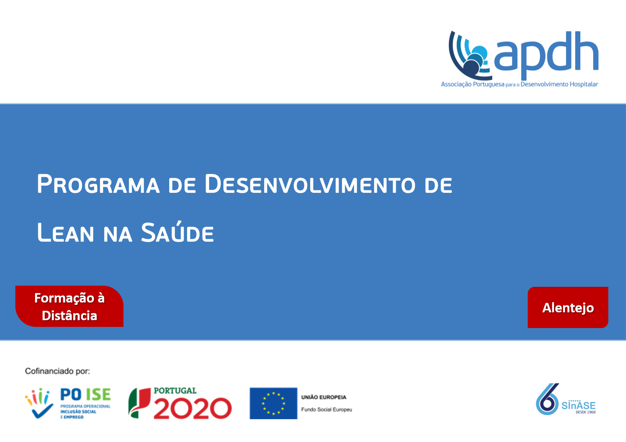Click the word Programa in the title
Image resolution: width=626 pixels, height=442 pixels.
(x=98, y=184)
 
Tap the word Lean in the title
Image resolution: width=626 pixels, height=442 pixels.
(x=65, y=232)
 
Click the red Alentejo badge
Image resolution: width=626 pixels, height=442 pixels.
(x=567, y=307)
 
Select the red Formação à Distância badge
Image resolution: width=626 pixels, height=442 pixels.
(x=69, y=306)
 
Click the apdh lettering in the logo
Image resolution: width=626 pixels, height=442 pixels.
(x=546, y=55)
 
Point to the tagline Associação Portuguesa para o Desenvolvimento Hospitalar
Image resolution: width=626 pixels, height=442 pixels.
(x=519, y=84)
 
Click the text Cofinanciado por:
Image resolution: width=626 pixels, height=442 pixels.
(x=57, y=371)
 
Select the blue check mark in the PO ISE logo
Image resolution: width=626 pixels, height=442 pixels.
(x=42, y=411)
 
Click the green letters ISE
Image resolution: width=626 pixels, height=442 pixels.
(x=98, y=394)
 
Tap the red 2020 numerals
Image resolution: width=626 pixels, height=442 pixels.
(x=193, y=409)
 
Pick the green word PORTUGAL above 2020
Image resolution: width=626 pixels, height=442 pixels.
(x=175, y=391)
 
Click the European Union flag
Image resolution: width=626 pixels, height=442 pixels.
(x=273, y=403)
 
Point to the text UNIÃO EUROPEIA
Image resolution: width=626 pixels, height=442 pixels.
(x=324, y=397)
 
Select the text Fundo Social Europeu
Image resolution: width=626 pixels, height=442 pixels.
(x=326, y=410)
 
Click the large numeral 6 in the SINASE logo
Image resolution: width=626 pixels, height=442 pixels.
(x=547, y=400)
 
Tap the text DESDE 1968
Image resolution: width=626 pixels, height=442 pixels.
(x=585, y=412)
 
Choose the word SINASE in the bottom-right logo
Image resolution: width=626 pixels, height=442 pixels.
(x=578, y=405)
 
